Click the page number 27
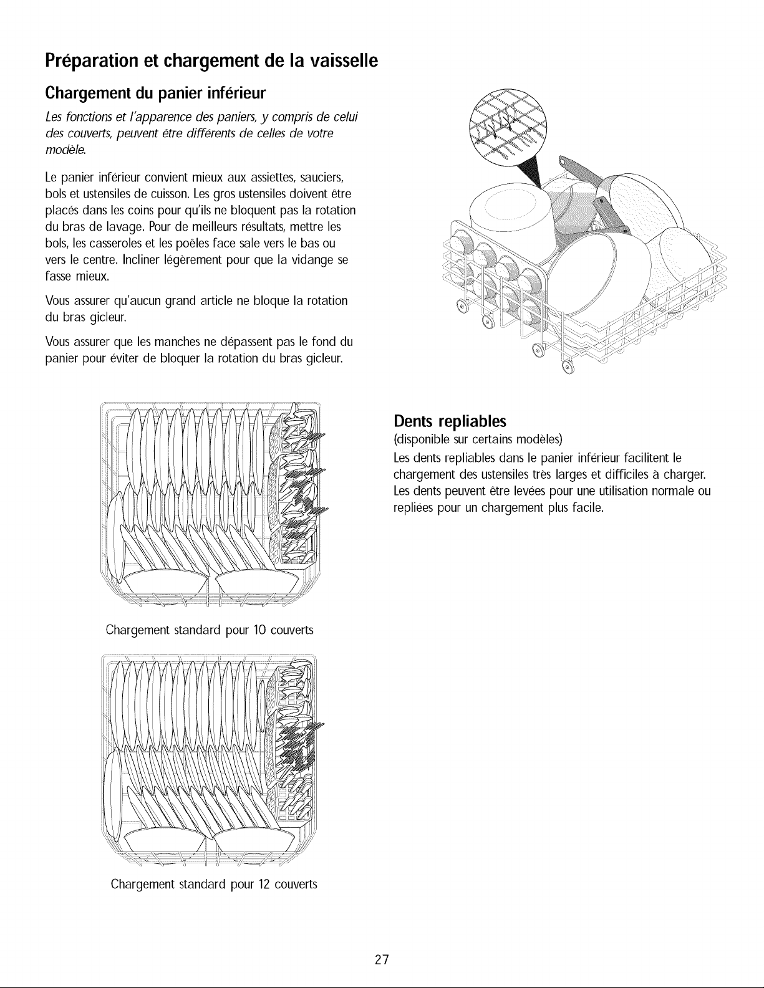tap(382, 959)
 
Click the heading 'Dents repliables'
tap(450, 421)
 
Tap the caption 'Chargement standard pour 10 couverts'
tap(210, 630)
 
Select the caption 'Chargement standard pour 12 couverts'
tap(214, 885)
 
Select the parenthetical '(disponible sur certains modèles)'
tap(478, 439)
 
